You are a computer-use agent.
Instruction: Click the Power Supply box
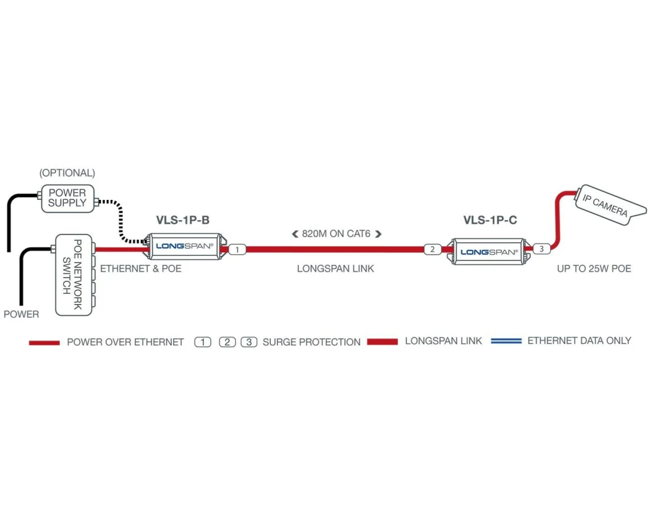coord(67,198)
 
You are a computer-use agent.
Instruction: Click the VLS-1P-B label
coord(182,220)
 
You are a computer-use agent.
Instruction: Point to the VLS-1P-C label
coord(490,220)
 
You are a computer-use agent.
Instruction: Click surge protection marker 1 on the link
coord(238,249)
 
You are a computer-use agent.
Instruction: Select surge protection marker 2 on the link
coord(432,249)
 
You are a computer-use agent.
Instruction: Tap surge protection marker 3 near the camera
coord(542,248)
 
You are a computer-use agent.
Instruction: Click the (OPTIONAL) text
coord(67,173)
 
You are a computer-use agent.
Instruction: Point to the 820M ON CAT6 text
coord(336,233)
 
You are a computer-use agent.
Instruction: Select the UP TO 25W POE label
coord(594,268)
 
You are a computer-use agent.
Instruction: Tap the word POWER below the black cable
coord(21,314)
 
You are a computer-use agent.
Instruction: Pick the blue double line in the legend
coord(506,341)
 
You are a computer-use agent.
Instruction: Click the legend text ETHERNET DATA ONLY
coord(579,341)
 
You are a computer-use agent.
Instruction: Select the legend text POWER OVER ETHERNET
coord(125,342)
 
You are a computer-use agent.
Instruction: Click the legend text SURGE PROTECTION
coord(311,342)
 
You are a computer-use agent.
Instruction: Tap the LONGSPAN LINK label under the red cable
coord(335,268)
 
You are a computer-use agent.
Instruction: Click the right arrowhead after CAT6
coord(378,233)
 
